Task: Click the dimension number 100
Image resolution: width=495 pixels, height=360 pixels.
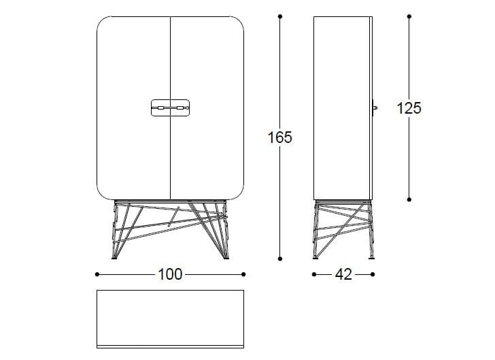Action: click(x=170, y=274)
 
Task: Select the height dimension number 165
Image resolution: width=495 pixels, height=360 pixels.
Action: click(x=279, y=137)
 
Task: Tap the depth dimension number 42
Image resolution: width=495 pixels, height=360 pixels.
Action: click(x=343, y=274)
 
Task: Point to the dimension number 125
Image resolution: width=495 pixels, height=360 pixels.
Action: click(x=409, y=108)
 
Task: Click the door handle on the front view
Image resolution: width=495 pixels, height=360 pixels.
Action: click(x=169, y=108)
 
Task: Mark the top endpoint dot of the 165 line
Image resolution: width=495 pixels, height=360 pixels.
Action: click(x=279, y=16)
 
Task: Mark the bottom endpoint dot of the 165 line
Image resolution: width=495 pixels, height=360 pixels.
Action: click(x=279, y=259)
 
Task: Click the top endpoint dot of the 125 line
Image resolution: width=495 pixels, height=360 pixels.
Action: click(x=409, y=16)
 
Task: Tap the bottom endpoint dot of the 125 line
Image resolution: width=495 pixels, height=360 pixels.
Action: click(x=409, y=199)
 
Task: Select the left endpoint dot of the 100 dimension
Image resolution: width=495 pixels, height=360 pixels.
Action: click(x=97, y=274)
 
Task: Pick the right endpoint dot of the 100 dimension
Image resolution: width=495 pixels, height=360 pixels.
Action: click(x=243, y=274)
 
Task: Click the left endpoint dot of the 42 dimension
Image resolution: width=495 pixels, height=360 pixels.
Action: click(x=313, y=274)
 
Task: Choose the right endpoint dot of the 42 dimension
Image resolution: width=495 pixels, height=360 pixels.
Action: click(x=373, y=274)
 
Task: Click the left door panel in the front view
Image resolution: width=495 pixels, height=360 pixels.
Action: click(x=133, y=68)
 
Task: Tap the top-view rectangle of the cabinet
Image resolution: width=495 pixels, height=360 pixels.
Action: click(x=170, y=318)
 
